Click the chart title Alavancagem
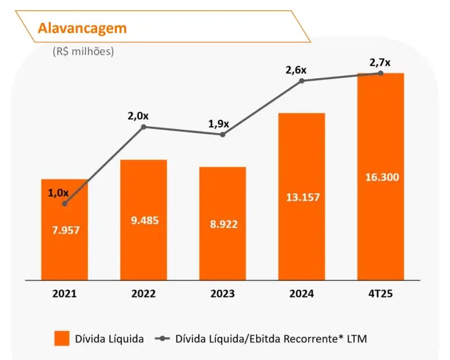82,28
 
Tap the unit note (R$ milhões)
83,51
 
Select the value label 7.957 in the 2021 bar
64,230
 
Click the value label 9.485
143,220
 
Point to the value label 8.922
223,224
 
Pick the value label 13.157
302,197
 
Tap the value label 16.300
381,177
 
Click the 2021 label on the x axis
64,293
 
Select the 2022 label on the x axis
143,293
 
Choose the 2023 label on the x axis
223,293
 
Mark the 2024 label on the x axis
302,293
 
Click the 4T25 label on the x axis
381,293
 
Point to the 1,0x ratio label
58,193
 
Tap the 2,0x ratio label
138,116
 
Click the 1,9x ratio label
219,124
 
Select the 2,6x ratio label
296,70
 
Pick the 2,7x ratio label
379,62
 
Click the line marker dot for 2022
143,126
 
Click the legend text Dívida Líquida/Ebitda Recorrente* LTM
271,339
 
